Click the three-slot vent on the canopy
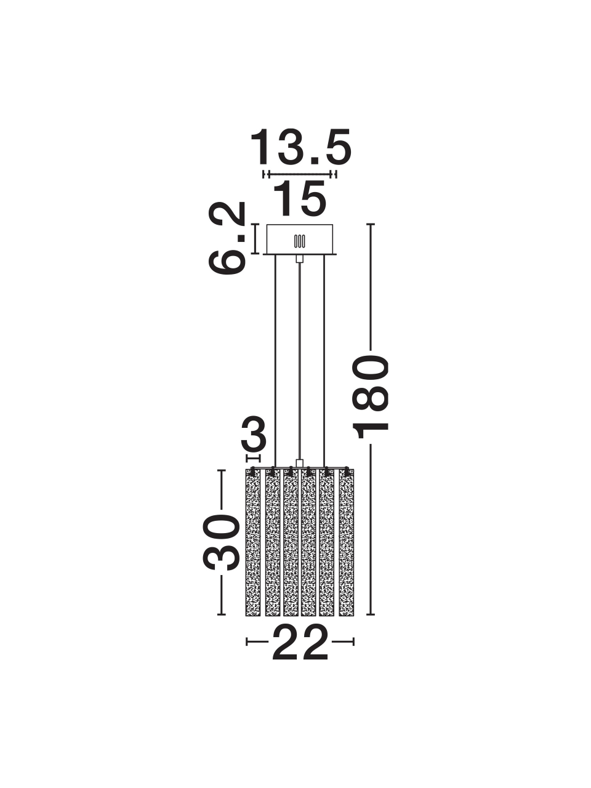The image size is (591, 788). (x=300, y=241)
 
